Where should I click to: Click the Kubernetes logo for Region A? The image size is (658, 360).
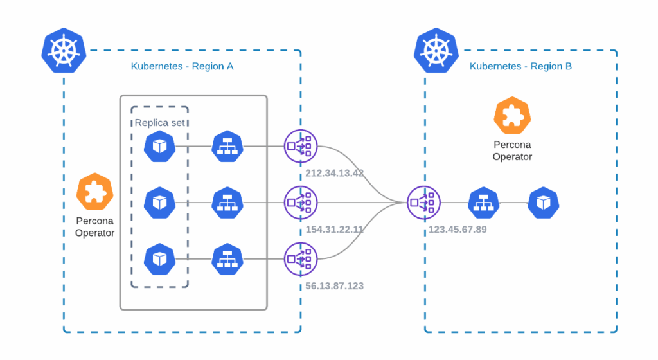coord(64,50)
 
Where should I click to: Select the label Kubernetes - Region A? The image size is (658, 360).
coord(182,66)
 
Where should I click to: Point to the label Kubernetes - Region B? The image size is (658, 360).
coord(520,66)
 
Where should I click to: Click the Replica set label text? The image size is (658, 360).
coord(159,123)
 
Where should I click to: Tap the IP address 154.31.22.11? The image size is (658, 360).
coord(335,230)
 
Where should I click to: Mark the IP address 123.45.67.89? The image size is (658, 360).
coord(457,230)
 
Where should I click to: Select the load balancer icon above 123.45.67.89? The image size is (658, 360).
coord(424,203)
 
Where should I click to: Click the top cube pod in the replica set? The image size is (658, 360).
coord(159,147)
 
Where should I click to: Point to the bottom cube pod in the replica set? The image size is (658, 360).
coord(159,258)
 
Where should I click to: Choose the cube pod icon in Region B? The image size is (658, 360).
coord(544,203)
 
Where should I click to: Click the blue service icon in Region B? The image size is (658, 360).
coord(484,203)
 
